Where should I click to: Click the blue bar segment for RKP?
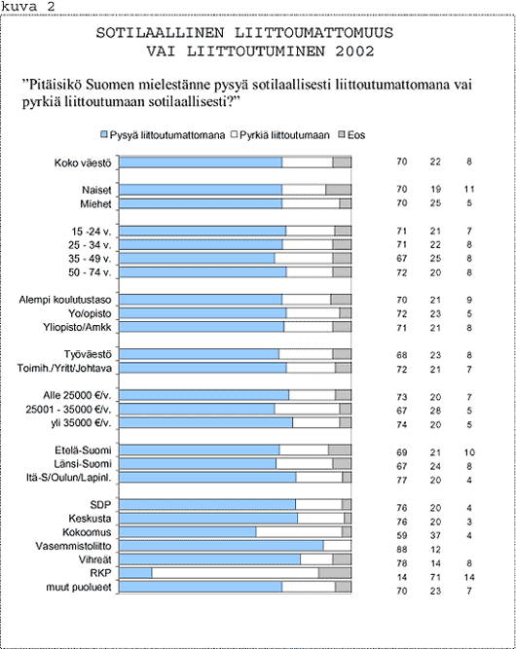click(135, 573)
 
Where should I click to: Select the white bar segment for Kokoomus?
click(299, 532)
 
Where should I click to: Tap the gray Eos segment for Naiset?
click(339, 190)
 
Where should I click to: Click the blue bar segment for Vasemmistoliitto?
click(221, 546)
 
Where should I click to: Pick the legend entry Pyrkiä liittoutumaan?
click(280, 135)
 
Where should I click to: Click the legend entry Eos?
click(352, 135)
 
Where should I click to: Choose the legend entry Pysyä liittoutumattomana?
click(163, 135)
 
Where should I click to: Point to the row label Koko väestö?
click(83, 162)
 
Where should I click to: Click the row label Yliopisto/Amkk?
click(77, 327)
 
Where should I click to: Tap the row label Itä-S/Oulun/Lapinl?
click(69, 478)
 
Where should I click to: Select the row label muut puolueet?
click(79, 588)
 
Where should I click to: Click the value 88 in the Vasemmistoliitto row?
click(402, 549)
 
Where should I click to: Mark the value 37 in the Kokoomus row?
click(435, 535)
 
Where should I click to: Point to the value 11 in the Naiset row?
click(469, 189)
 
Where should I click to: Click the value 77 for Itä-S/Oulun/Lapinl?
click(402, 480)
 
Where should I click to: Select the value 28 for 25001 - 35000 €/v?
click(435, 411)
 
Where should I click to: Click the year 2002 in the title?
click(355, 52)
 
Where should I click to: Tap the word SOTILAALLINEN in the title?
click(161, 33)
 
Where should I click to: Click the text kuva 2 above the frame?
click(27, 7)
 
